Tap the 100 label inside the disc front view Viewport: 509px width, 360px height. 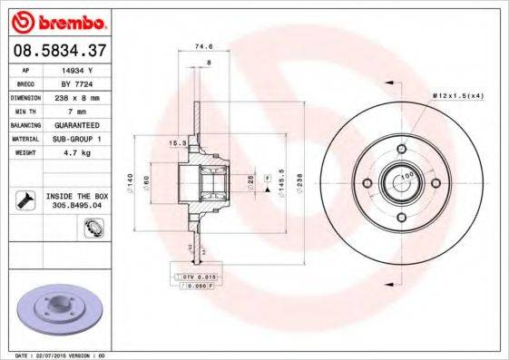click(x=407, y=174)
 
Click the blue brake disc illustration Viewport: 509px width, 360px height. click(x=56, y=308)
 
